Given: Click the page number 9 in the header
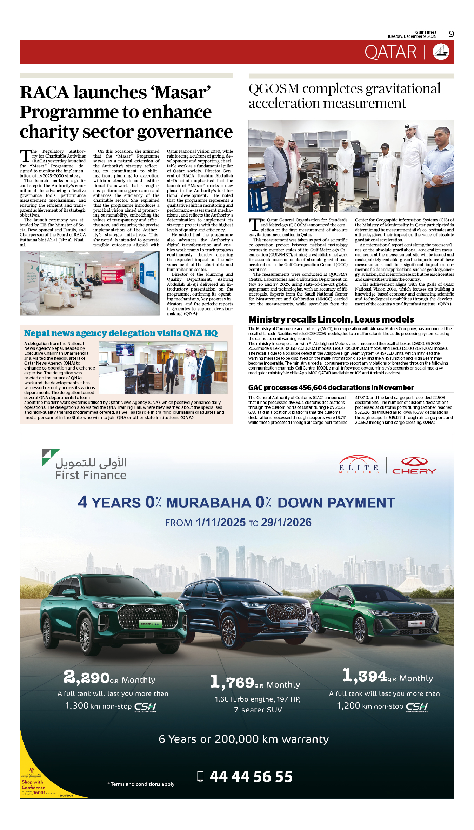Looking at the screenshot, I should pos(451,34).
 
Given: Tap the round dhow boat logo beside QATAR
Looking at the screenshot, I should pos(441,52).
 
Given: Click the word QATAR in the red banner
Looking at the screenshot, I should pos(390,52).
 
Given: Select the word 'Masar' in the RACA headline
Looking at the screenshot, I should pos(182,92).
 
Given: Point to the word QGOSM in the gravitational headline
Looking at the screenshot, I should pos(274,89).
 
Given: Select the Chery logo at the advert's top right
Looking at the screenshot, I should pos(414,466).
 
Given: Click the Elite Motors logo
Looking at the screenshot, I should pos(359,465).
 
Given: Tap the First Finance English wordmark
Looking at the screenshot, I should pos(91,475).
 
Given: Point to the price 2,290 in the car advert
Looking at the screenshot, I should pos(86,677).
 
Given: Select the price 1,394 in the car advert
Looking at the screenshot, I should pos(365,676).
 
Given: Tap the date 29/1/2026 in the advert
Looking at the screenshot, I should pos(286,522).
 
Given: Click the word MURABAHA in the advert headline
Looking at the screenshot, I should pos(209,503).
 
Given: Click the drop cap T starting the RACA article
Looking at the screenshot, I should pos(26,156).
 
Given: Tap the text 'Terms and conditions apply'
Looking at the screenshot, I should pos(142,784).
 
